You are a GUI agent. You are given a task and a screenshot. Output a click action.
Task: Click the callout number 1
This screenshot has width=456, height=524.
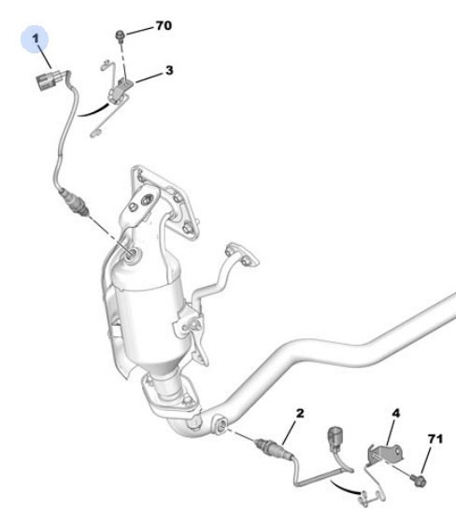(x=36, y=38)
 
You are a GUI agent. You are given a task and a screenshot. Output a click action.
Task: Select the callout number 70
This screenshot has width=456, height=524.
(x=164, y=25)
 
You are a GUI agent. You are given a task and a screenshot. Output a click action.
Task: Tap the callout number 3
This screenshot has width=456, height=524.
(x=169, y=70)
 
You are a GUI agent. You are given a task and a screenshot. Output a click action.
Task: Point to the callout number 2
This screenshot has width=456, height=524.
(x=300, y=413)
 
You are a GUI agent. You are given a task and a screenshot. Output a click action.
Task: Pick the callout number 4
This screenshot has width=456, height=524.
(x=395, y=413)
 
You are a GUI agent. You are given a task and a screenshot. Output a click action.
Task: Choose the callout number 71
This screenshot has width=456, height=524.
(x=435, y=438)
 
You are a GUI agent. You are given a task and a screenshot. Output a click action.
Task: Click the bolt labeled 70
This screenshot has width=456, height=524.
(x=120, y=35)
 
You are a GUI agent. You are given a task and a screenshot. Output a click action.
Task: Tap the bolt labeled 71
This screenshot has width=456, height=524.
(x=419, y=480)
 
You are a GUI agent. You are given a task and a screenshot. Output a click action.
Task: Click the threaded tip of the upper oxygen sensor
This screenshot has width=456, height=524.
(x=86, y=212)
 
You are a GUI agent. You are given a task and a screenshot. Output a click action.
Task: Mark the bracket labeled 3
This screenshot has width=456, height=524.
(x=120, y=90)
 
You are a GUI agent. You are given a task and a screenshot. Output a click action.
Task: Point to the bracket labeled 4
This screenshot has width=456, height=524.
(x=385, y=454)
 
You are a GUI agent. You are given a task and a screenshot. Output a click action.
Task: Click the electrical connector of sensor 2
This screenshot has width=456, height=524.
(x=335, y=437)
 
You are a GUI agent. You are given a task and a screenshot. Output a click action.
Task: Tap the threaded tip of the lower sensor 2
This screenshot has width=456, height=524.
(x=259, y=443)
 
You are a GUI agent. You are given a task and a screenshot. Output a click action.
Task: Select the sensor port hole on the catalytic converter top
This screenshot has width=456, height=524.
(x=134, y=254)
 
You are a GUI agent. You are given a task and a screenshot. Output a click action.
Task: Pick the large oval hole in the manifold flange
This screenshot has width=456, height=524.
(x=147, y=200)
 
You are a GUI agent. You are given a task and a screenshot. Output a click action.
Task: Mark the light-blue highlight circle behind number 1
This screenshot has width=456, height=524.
(x=35, y=39)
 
